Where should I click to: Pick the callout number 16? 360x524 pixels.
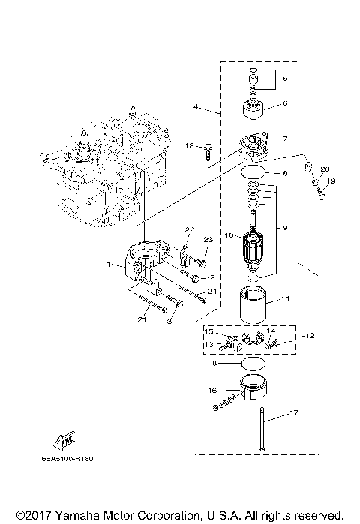coord(214,390)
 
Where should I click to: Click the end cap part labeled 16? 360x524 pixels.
coord(253,393)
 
